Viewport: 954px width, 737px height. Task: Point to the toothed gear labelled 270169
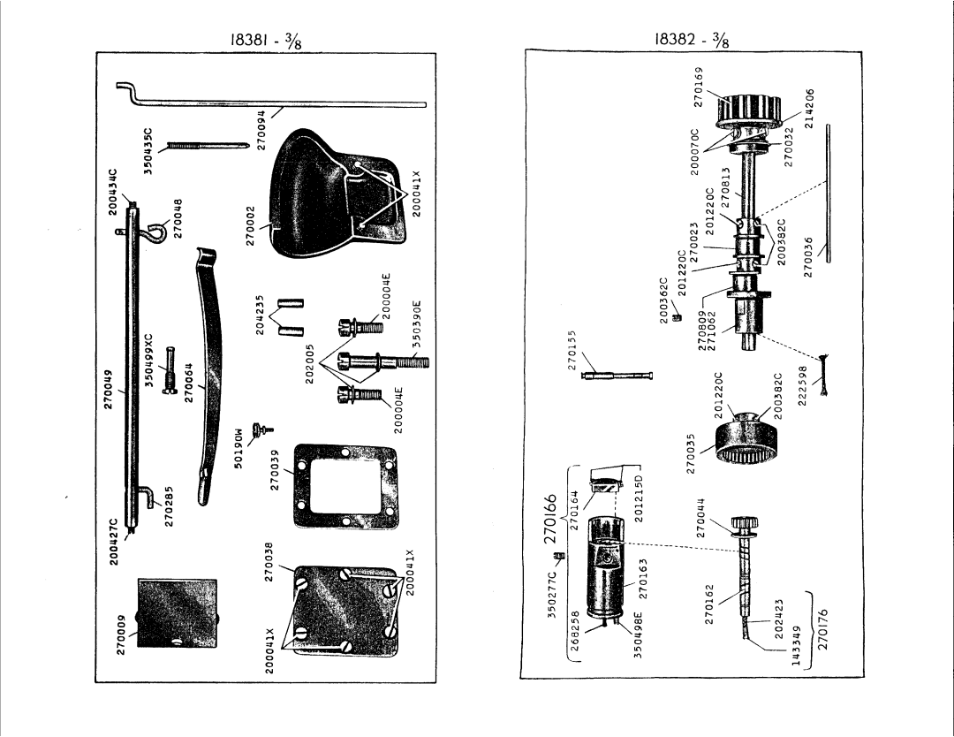point(750,115)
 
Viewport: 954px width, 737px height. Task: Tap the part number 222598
point(802,383)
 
